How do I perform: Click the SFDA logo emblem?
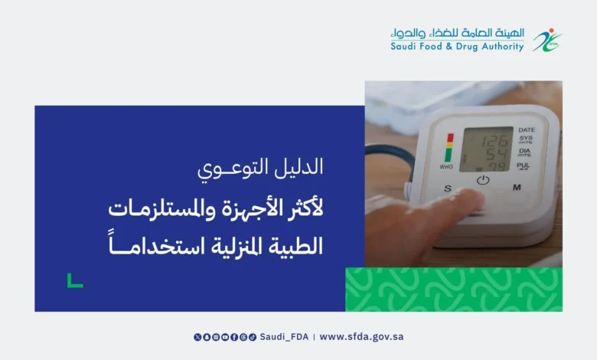[547, 40]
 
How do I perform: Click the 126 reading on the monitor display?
[494, 142]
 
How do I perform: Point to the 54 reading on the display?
[497, 154]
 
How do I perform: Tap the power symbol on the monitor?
[483, 180]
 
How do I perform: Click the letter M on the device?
[517, 188]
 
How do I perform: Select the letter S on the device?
[448, 188]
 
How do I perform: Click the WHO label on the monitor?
[446, 167]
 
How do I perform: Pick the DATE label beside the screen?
[527, 130]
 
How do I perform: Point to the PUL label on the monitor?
[523, 165]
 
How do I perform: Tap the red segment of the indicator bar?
[450, 138]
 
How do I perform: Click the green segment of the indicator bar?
[449, 155]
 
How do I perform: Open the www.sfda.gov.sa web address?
[361, 337]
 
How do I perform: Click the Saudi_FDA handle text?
[284, 337]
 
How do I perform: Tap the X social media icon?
[197, 337]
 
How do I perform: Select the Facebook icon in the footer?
[234, 337]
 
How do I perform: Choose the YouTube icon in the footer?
[225, 337]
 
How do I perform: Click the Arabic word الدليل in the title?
[298, 167]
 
